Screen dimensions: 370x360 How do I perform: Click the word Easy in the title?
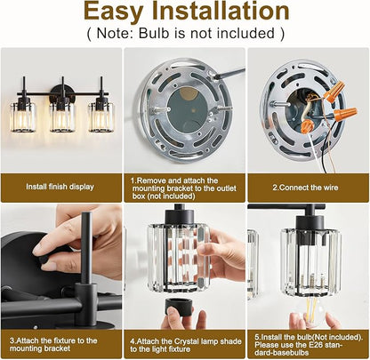click(x=113, y=12)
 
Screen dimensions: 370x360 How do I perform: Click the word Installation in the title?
click(x=221, y=11)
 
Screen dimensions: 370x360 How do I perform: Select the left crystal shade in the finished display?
click(x=23, y=116)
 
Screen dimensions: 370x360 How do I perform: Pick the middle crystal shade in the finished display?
click(x=62, y=116)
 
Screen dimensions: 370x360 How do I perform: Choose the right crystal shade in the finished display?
click(x=101, y=116)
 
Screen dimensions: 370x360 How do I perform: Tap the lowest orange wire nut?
click(x=307, y=126)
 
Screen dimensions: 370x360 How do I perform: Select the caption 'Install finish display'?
click(x=60, y=187)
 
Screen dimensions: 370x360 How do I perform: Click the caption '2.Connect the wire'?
click(x=305, y=188)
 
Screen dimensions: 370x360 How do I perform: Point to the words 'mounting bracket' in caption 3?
click(x=40, y=348)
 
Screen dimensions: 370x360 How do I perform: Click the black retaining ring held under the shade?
click(x=180, y=308)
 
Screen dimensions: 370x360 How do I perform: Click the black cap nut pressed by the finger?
click(x=44, y=260)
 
